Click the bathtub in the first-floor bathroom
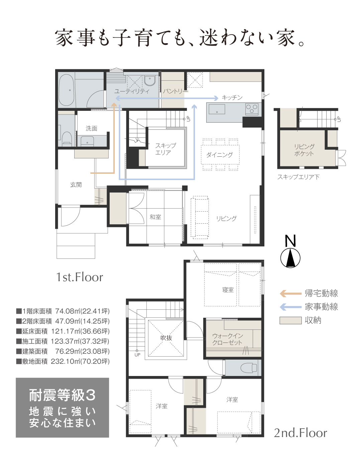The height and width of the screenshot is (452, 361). tap(66, 90)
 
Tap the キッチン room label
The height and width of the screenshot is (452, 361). tap(232, 97)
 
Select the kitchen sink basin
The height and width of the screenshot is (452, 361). tap(217, 109)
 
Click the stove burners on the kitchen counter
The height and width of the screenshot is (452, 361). tap(251, 109)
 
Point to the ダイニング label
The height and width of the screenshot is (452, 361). tap(219, 155)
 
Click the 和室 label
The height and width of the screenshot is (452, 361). tap(155, 217)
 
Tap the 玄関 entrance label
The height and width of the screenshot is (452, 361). tap(76, 184)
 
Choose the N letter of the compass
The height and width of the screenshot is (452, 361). tap(290, 241)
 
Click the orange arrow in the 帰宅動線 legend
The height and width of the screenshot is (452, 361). tap(290, 293)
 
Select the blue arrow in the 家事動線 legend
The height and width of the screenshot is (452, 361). tap(290, 307)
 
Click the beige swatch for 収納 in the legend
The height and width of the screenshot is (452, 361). tap(290, 321)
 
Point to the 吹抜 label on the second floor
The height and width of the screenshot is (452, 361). tap(166, 338)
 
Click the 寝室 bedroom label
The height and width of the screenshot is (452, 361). tap(228, 290)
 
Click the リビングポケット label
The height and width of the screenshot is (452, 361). tap(304, 150)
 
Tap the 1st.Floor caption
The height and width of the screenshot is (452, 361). tap(80, 277)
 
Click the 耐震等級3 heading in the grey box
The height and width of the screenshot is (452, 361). tap(62, 395)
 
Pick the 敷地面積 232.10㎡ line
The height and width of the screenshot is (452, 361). tap(63, 361)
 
